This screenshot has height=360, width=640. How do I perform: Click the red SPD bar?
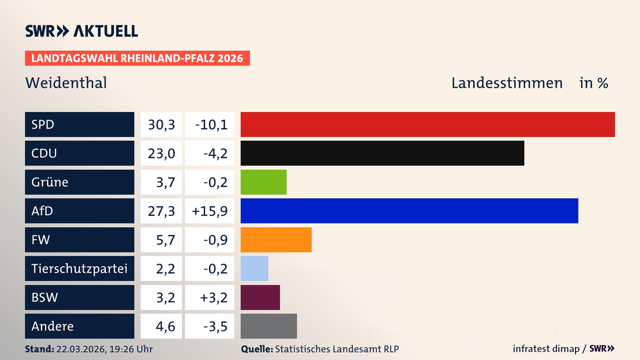pos(428,124)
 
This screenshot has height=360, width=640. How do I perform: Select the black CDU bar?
pos(382,153)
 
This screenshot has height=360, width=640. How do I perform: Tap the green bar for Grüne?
pos(263,182)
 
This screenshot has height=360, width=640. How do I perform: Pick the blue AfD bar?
pos(409,211)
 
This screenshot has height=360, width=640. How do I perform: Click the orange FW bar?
pos(276,240)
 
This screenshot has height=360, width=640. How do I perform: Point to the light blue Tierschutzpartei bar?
pos(254,268)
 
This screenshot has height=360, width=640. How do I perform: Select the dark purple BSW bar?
pos(260,297)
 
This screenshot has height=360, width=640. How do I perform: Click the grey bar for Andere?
pos(269,326)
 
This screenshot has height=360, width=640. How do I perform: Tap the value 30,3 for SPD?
pos(161,125)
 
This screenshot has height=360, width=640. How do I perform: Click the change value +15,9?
pos(210,211)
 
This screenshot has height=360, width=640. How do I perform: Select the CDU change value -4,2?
pos(215,153)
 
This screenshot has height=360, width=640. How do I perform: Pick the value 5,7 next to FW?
pos(165,240)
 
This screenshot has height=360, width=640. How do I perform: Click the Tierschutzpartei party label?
pos(79,268)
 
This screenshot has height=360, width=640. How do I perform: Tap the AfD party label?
pos(42,211)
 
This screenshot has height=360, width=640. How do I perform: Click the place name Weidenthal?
pos(66,83)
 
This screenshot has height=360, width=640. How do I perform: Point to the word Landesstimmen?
pos(507,83)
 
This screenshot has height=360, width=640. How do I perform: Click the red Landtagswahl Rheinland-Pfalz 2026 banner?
pos(137,58)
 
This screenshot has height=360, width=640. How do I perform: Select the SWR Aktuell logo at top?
pos(82,31)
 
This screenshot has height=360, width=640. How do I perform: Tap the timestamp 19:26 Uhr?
pos(131,349)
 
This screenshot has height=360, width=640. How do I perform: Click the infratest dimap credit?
pos(546,349)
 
